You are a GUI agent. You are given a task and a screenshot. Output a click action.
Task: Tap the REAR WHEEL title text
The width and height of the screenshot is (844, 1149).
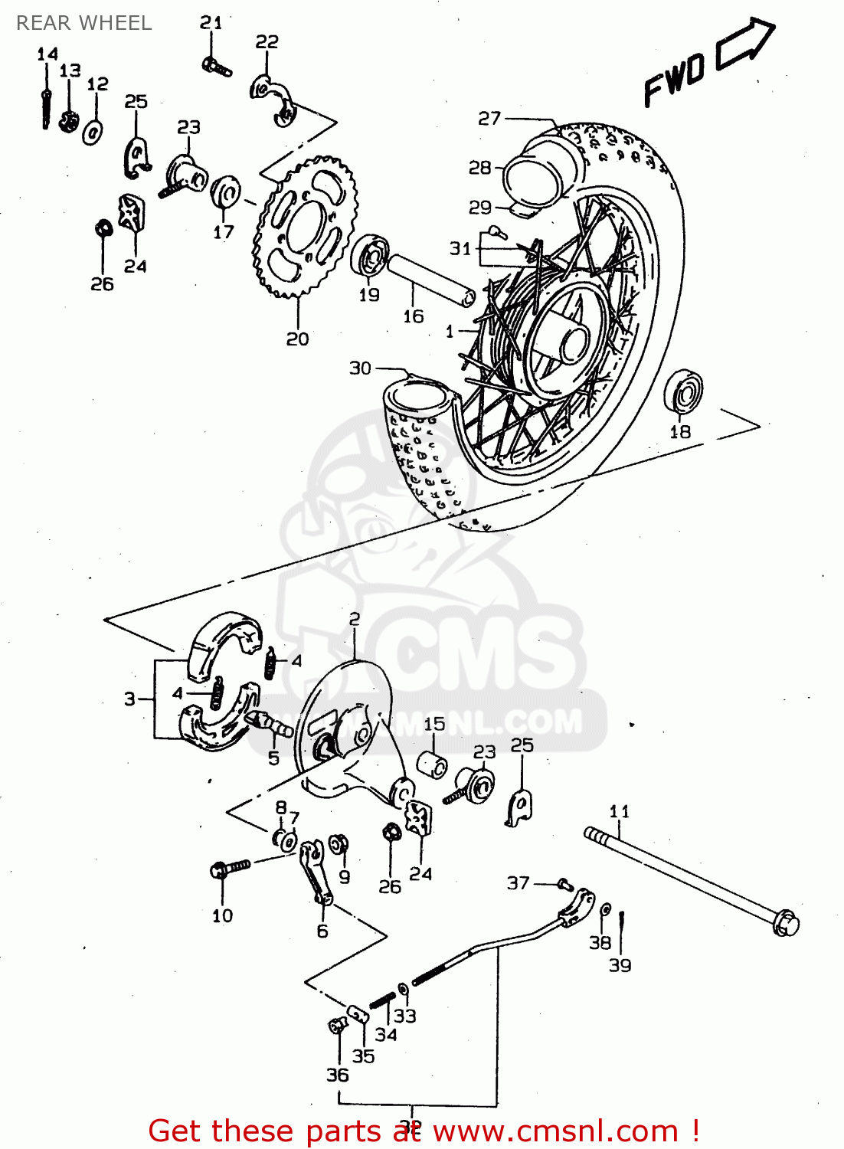pos(83,23)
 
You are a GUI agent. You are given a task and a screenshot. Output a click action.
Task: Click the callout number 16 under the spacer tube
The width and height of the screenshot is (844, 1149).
pos(413,316)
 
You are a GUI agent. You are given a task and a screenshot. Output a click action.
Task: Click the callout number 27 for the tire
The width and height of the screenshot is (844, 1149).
pos(489,119)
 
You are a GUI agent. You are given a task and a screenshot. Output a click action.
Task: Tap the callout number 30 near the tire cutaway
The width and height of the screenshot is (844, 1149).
pos(360,368)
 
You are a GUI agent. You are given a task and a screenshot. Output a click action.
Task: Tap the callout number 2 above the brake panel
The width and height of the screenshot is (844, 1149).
pos(354,619)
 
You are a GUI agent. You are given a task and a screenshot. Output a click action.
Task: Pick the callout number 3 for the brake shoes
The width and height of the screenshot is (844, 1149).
pos(130,699)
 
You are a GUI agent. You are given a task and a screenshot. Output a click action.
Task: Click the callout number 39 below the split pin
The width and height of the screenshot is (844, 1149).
pos(620,965)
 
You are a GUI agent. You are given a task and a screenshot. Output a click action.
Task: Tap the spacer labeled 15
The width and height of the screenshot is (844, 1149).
pos(432,764)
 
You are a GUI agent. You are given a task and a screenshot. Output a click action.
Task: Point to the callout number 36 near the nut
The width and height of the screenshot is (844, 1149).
pos(337,1075)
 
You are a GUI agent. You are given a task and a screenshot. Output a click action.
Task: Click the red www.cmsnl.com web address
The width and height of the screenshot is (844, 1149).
pos(555,1131)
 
